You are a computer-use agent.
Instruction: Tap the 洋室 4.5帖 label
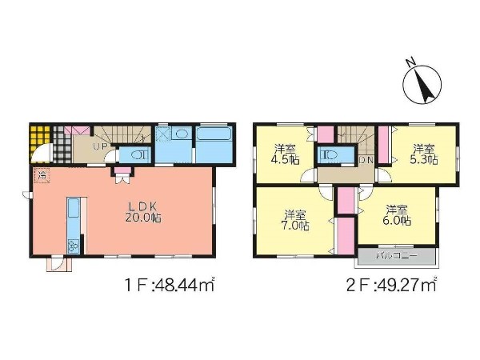coord(285,154)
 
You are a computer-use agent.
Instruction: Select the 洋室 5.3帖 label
coord(424,154)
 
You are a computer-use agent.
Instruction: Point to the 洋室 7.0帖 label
coord(294,220)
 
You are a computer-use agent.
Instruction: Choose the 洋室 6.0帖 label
coord(397,215)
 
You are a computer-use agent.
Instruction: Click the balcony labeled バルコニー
coord(397,255)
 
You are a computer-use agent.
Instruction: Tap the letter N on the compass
coord(410,62)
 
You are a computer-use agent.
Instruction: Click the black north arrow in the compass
coord(426,86)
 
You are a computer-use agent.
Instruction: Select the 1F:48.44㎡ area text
coord(170,286)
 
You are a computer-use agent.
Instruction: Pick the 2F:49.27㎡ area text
coord(391,286)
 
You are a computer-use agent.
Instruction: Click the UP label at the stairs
coord(101,146)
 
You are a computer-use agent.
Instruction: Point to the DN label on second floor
coord(366,159)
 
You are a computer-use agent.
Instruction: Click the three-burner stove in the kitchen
coord(74,246)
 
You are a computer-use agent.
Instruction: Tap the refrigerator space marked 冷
coord(42,175)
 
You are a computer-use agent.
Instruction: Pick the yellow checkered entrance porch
coord(40,139)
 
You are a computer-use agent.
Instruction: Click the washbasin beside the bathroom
coord(182,134)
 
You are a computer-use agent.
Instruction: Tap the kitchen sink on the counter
coord(74,208)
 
